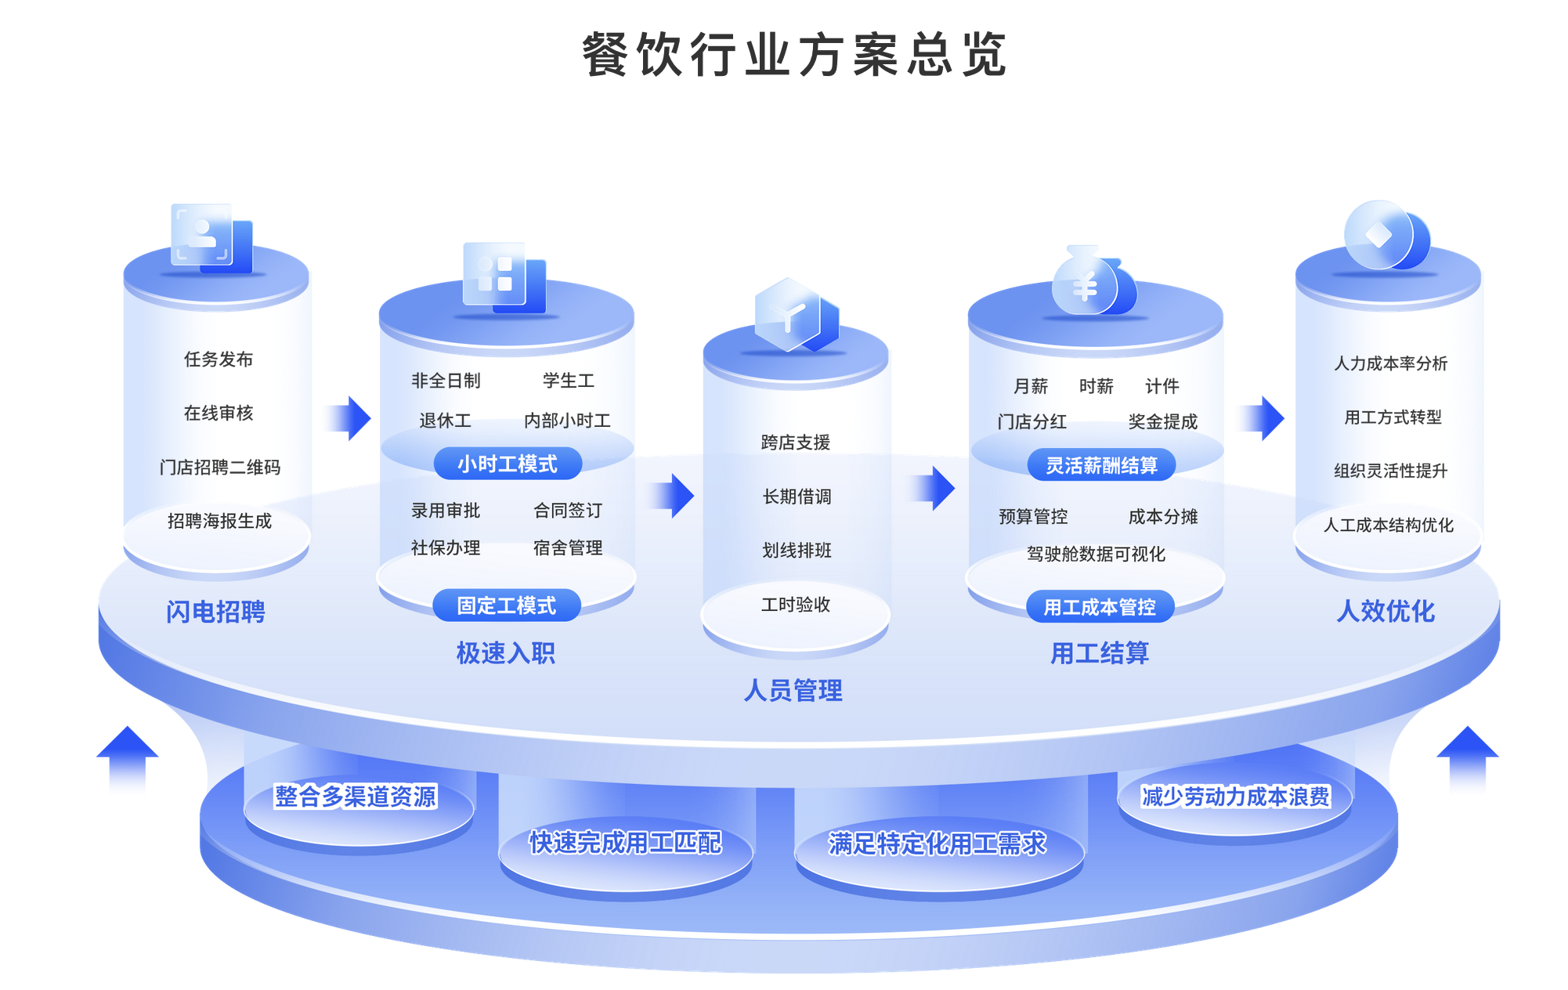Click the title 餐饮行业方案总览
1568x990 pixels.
[x=793, y=55]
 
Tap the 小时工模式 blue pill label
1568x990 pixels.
[x=508, y=464]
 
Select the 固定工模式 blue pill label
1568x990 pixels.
[x=507, y=605]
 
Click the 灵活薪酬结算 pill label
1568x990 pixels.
[x=1101, y=465]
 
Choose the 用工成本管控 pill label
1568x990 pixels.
[x=1100, y=607]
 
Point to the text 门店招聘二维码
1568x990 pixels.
[x=219, y=468]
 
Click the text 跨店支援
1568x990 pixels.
[x=796, y=443]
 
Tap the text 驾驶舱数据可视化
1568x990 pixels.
[x=1096, y=555]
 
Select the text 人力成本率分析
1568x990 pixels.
[x=1391, y=363]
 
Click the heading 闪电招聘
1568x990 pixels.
[x=215, y=612]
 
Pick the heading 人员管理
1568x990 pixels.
[x=793, y=691]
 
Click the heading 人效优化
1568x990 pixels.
[x=1386, y=611]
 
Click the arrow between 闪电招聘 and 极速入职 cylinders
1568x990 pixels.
[x=349, y=417]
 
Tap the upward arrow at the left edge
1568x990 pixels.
[x=127, y=757]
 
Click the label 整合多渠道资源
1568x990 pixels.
[x=355, y=797]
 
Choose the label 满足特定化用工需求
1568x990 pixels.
[x=938, y=844]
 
